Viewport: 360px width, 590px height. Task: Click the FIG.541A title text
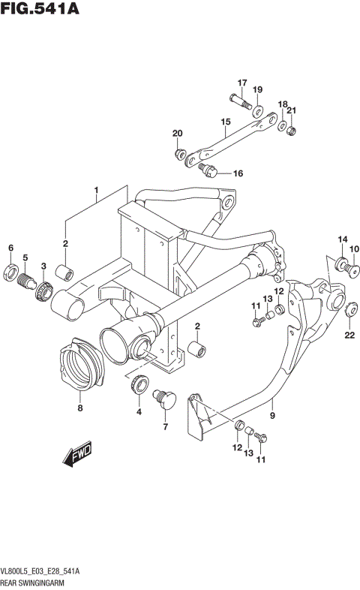pos(40,10)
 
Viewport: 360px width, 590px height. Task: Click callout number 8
pos(80,408)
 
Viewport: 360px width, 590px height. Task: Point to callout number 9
pos(271,413)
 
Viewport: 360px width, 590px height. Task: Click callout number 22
pos(349,335)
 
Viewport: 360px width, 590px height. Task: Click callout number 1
pos(96,191)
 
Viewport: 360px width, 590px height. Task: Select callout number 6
pos(10,248)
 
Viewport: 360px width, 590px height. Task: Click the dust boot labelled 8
pos(79,369)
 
